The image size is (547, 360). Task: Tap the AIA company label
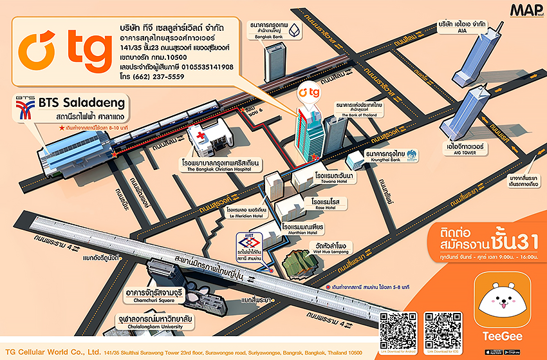coord(462,26)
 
